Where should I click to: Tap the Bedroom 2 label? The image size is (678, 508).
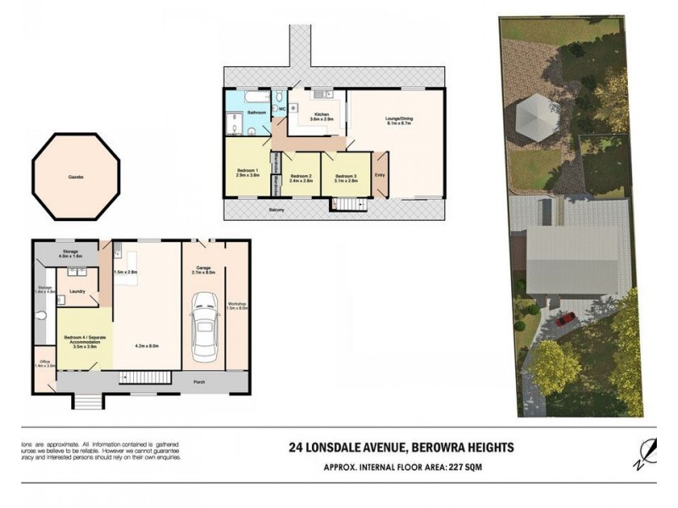[301, 176]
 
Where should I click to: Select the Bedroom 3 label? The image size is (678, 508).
[347, 176]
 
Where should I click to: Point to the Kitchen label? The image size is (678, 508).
[321, 114]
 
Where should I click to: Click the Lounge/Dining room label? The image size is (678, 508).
[398, 120]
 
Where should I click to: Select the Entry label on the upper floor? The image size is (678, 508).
[380, 175]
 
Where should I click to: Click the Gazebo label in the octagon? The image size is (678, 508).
[75, 177]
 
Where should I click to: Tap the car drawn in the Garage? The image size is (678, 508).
[203, 325]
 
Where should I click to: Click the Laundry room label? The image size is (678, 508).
[77, 290]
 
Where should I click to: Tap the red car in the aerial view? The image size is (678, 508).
[566, 319]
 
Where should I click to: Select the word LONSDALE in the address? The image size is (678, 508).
[343, 448]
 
